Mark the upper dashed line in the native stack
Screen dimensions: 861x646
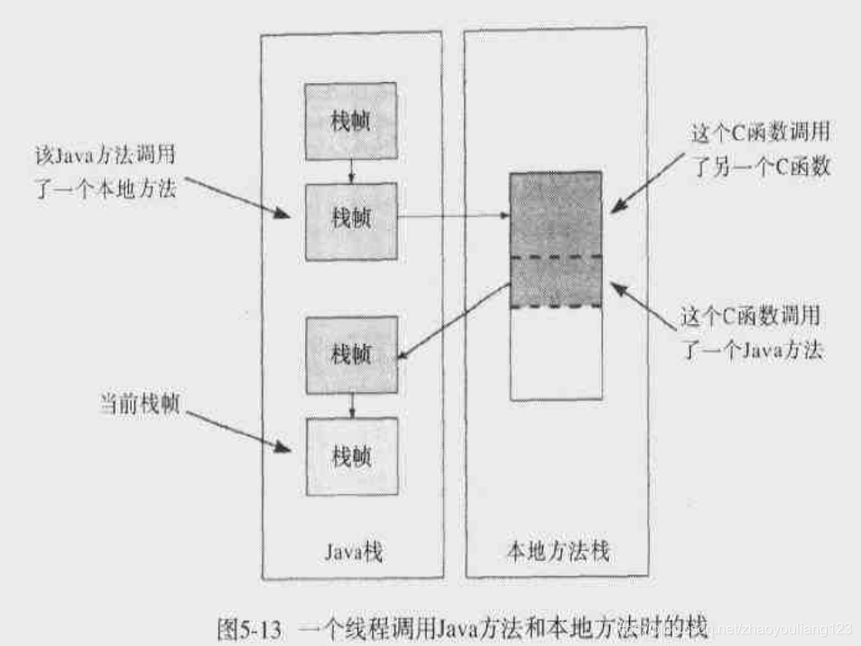[x=556, y=258]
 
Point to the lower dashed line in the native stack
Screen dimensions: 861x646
[x=556, y=307]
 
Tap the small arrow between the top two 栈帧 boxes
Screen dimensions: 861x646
[x=351, y=172]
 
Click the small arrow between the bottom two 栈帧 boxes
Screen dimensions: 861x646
[x=351, y=406]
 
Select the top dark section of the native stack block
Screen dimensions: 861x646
[x=556, y=215]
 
